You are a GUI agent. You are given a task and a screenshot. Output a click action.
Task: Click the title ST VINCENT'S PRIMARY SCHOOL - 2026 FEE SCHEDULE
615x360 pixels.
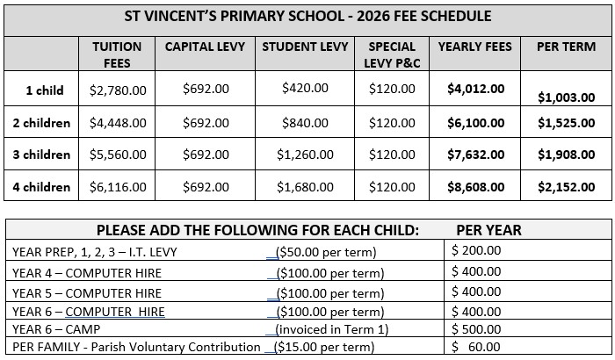(307, 17)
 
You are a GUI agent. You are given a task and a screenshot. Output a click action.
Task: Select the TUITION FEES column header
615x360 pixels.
(117, 54)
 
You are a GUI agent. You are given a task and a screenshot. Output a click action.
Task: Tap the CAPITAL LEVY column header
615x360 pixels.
(205, 47)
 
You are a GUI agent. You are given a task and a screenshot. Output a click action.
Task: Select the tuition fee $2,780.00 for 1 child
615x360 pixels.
(118, 89)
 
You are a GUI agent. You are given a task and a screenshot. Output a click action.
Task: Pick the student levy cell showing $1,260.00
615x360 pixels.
(305, 155)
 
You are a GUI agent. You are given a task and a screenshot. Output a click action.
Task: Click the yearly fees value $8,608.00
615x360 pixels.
(475, 186)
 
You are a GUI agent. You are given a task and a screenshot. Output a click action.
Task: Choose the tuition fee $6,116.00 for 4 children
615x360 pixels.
(118, 186)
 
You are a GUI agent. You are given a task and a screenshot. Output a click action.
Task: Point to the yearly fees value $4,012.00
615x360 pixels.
(475, 89)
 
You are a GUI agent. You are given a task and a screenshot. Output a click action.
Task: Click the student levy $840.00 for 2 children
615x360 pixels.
(305, 123)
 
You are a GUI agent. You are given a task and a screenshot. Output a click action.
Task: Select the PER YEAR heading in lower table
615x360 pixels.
(488, 230)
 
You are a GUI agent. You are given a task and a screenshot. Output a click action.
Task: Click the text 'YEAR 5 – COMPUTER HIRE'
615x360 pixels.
(87, 292)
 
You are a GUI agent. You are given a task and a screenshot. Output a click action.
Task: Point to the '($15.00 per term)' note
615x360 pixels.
(325, 348)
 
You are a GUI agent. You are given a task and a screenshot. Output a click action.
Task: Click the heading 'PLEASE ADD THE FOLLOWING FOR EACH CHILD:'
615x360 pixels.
(257, 230)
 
